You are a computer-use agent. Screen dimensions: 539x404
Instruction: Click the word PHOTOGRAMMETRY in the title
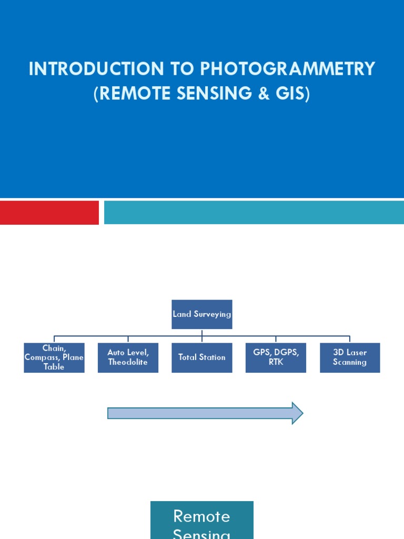tap(287, 69)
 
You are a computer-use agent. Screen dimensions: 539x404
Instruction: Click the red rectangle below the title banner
tap(49, 212)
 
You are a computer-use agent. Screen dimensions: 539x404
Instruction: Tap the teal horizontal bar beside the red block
tap(254, 212)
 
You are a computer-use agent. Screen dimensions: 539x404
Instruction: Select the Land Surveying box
tap(202, 314)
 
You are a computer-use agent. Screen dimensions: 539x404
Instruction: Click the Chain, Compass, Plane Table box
tap(54, 357)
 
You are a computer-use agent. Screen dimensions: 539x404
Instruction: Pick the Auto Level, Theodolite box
tap(128, 357)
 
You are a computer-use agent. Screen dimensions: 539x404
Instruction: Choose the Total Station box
tap(202, 357)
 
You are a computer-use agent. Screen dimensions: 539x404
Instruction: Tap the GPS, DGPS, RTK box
tap(276, 357)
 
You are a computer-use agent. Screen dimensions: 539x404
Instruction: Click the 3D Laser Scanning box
tap(350, 357)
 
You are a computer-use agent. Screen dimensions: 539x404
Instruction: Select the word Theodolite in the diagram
tap(128, 362)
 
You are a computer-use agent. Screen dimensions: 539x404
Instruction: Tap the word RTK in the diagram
tap(276, 362)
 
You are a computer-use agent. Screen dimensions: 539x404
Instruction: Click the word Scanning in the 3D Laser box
tap(350, 362)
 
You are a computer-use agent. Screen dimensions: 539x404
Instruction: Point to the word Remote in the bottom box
tap(202, 516)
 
